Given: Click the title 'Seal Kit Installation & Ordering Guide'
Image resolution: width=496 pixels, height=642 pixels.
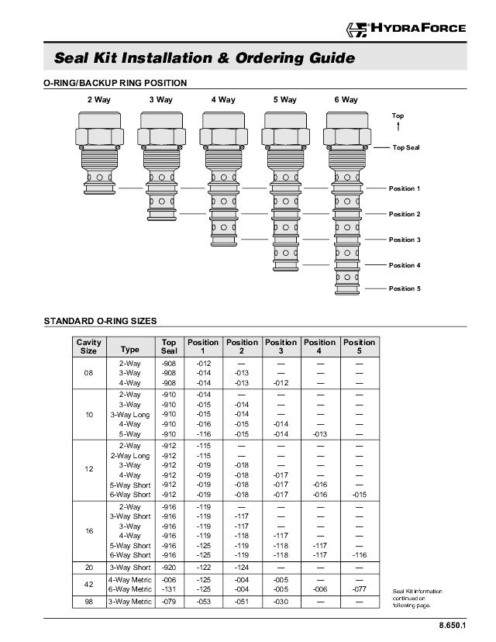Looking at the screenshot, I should (x=205, y=58).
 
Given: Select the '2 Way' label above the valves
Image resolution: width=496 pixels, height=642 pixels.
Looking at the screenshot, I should (x=98, y=100).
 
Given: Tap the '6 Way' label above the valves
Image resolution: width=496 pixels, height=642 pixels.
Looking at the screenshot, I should (x=346, y=100).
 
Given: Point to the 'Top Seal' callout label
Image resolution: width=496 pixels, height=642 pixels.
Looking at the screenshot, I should (x=406, y=147).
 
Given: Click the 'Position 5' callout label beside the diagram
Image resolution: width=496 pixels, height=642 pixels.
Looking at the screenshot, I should (x=405, y=288).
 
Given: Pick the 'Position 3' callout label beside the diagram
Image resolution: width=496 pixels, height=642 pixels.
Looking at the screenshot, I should (x=405, y=240).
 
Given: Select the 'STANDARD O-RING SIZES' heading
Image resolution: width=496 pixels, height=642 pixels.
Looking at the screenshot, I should (x=100, y=320).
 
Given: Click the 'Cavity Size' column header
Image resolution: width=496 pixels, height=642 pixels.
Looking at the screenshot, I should (x=89, y=347).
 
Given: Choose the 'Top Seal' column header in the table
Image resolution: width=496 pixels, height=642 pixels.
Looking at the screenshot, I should (x=168, y=347).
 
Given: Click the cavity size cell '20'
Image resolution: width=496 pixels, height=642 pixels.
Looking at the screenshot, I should (x=89, y=567).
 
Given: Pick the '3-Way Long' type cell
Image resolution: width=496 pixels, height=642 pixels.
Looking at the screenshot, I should (x=129, y=414).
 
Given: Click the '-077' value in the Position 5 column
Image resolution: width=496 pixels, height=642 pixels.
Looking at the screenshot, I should (x=359, y=588).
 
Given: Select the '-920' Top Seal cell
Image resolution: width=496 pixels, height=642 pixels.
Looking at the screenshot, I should (x=168, y=567).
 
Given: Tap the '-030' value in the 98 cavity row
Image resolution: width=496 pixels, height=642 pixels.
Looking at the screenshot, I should (x=281, y=602).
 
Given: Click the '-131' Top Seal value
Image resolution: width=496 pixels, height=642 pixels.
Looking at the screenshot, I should (x=168, y=588).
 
